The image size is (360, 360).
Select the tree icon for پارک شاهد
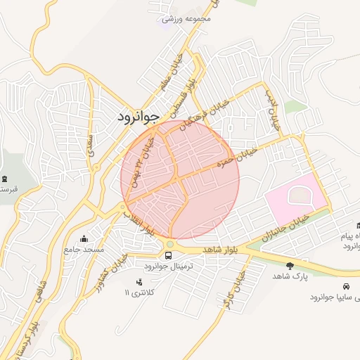[x=290, y=265]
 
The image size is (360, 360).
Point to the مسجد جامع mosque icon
[x=85, y=238]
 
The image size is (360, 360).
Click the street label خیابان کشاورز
[x=112, y=271]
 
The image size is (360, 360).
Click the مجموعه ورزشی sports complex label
[x=186, y=19]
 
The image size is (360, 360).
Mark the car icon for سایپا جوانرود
[x=346, y=286]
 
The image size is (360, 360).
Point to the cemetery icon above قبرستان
[x=6, y=179]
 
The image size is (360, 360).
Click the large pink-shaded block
[x=294, y=197]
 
